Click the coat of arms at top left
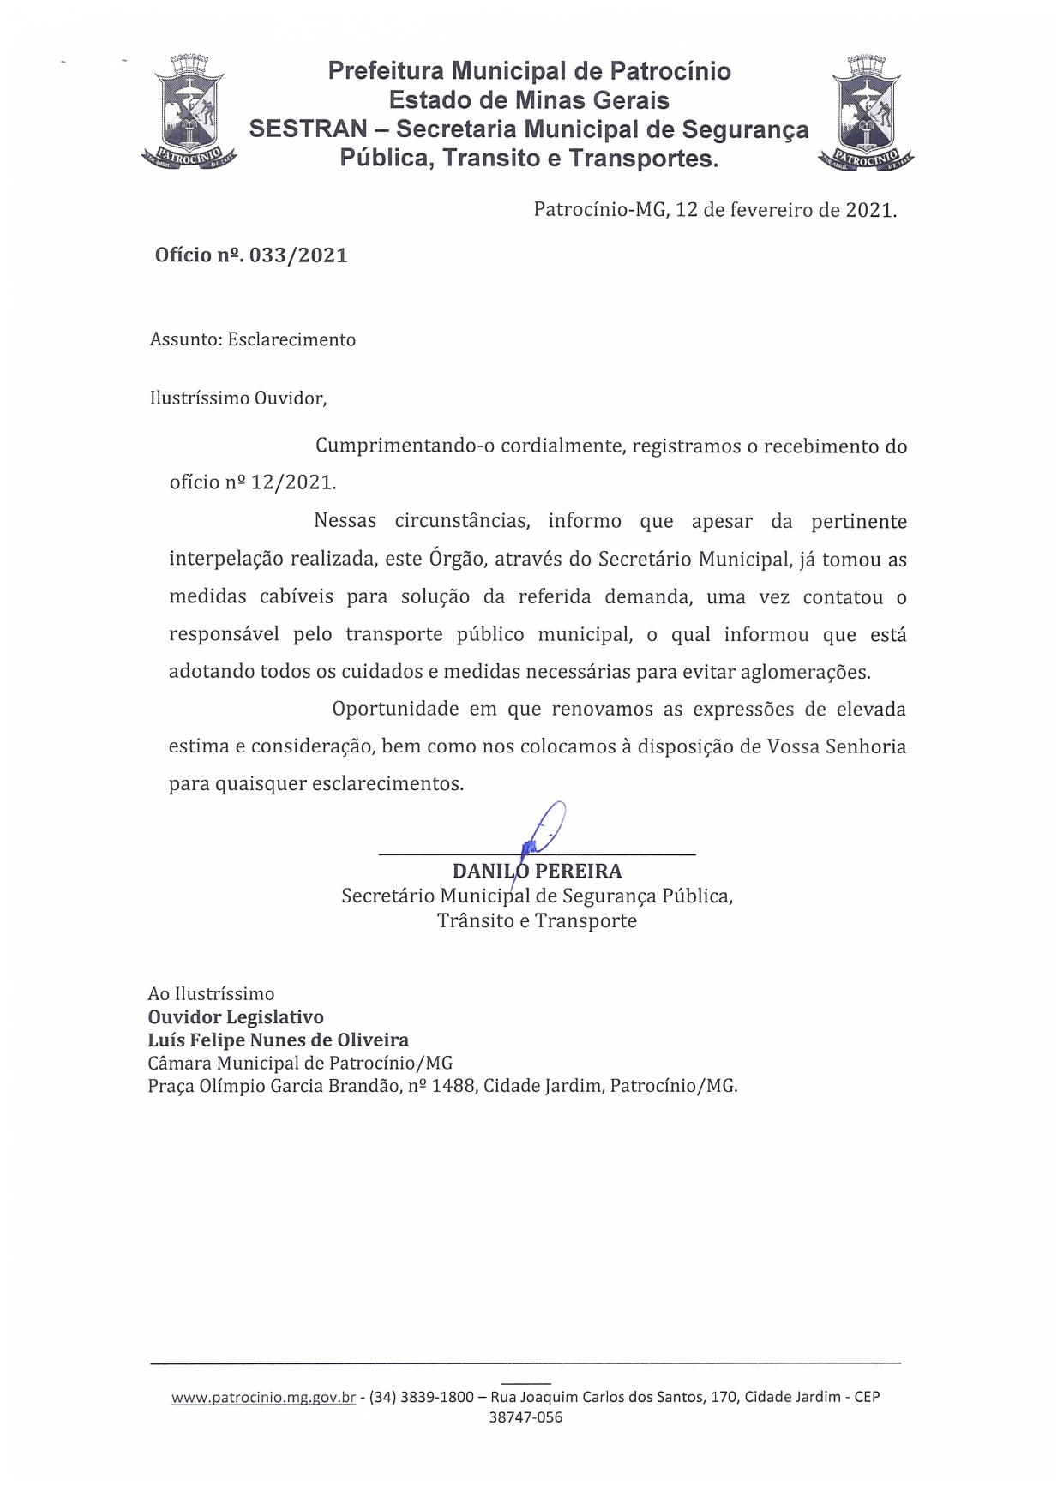[x=189, y=112]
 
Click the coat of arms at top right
[x=866, y=112]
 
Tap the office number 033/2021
[x=298, y=255]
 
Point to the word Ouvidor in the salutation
[x=281, y=398]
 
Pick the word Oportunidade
[x=394, y=710]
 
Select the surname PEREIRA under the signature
[x=579, y=872]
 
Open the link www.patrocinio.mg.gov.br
[x=263, y=1398]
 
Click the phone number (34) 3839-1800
[x=421, y=1398]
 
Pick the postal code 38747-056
[x=525, y=1418]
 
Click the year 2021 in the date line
[x=869, y=210]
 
